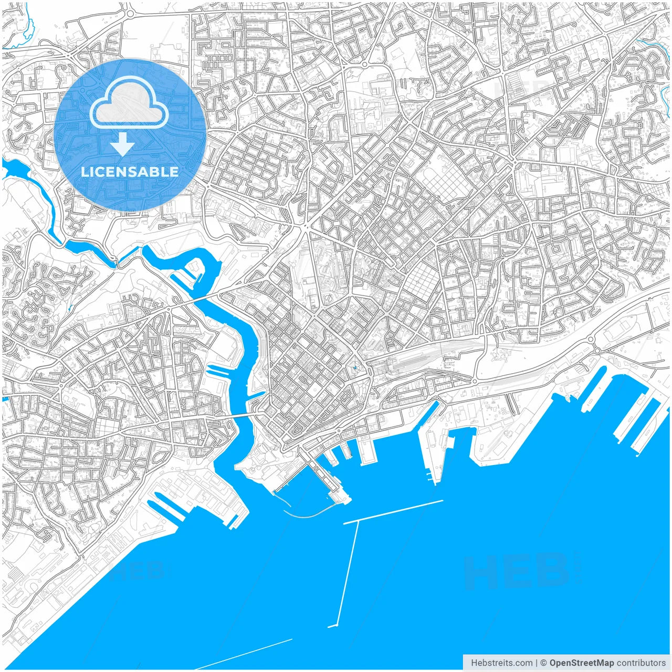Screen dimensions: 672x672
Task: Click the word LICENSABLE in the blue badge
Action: (130, 172)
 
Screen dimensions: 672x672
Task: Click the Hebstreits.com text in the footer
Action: (501, 663)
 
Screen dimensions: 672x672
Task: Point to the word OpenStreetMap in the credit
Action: (581, 663)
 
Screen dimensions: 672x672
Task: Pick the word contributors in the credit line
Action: (640, 663)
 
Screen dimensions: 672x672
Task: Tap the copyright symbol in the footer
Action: (544, 663)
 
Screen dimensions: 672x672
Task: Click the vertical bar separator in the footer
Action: (536, 663)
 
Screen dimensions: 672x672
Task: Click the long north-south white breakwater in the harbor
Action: (348, 572)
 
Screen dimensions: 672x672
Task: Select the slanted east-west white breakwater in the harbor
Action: (394, 512)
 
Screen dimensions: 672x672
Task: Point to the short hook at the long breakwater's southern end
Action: (332, 626)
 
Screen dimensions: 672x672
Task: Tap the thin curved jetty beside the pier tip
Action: (310, 514)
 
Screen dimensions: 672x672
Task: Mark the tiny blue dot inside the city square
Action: (355, 367)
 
